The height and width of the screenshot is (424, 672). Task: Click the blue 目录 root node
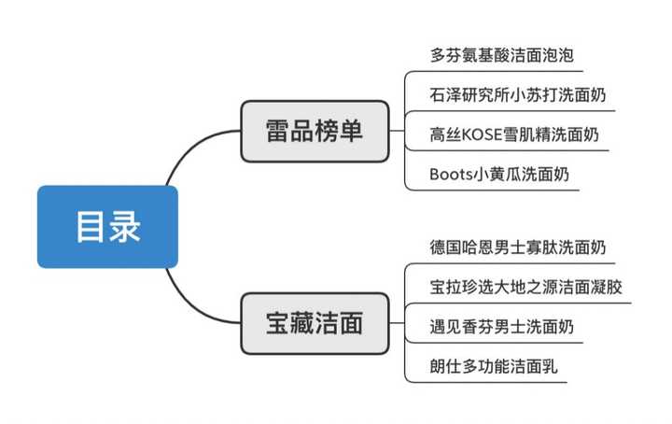tap(107, 227)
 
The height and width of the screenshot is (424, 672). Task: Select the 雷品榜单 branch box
tap(314, 132)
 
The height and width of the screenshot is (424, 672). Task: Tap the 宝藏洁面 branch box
tap(314, 324)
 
